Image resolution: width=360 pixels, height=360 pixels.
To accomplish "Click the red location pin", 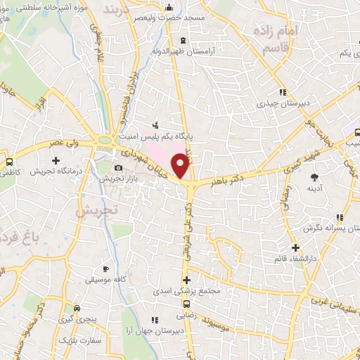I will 182,164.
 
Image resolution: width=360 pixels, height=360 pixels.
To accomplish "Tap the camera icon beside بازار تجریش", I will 118,167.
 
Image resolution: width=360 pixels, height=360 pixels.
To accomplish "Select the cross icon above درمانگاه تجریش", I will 56,162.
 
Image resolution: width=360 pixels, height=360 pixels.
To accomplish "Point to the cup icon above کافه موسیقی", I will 106,269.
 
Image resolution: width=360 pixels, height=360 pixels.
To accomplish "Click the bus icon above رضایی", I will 186,304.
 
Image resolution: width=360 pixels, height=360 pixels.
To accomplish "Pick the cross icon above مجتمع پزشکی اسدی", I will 186,280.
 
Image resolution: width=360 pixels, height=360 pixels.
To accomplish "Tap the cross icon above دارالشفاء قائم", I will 296,247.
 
